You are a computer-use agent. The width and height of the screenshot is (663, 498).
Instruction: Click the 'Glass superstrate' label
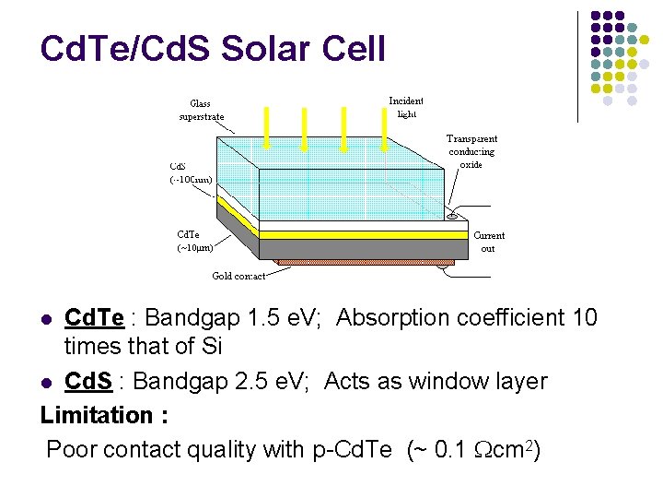coord(202,110)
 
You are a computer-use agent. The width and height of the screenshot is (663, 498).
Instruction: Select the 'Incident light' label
coord(406,107)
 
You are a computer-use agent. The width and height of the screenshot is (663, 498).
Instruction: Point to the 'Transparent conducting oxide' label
coord(471,151)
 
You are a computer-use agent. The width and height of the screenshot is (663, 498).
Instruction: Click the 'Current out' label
coord(489,242)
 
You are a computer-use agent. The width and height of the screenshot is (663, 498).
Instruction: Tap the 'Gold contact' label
coord(238,276)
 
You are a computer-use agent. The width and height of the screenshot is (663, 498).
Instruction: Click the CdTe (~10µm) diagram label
coord(195,241)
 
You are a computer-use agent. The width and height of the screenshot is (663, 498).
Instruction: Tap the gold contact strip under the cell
coord(359,266)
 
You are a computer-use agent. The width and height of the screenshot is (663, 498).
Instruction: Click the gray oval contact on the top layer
coord(451,218)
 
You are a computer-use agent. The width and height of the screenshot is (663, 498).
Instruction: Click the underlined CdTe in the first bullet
coord(94,318)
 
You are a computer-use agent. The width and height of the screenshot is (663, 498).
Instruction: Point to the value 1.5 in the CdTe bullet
coord(264,318)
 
